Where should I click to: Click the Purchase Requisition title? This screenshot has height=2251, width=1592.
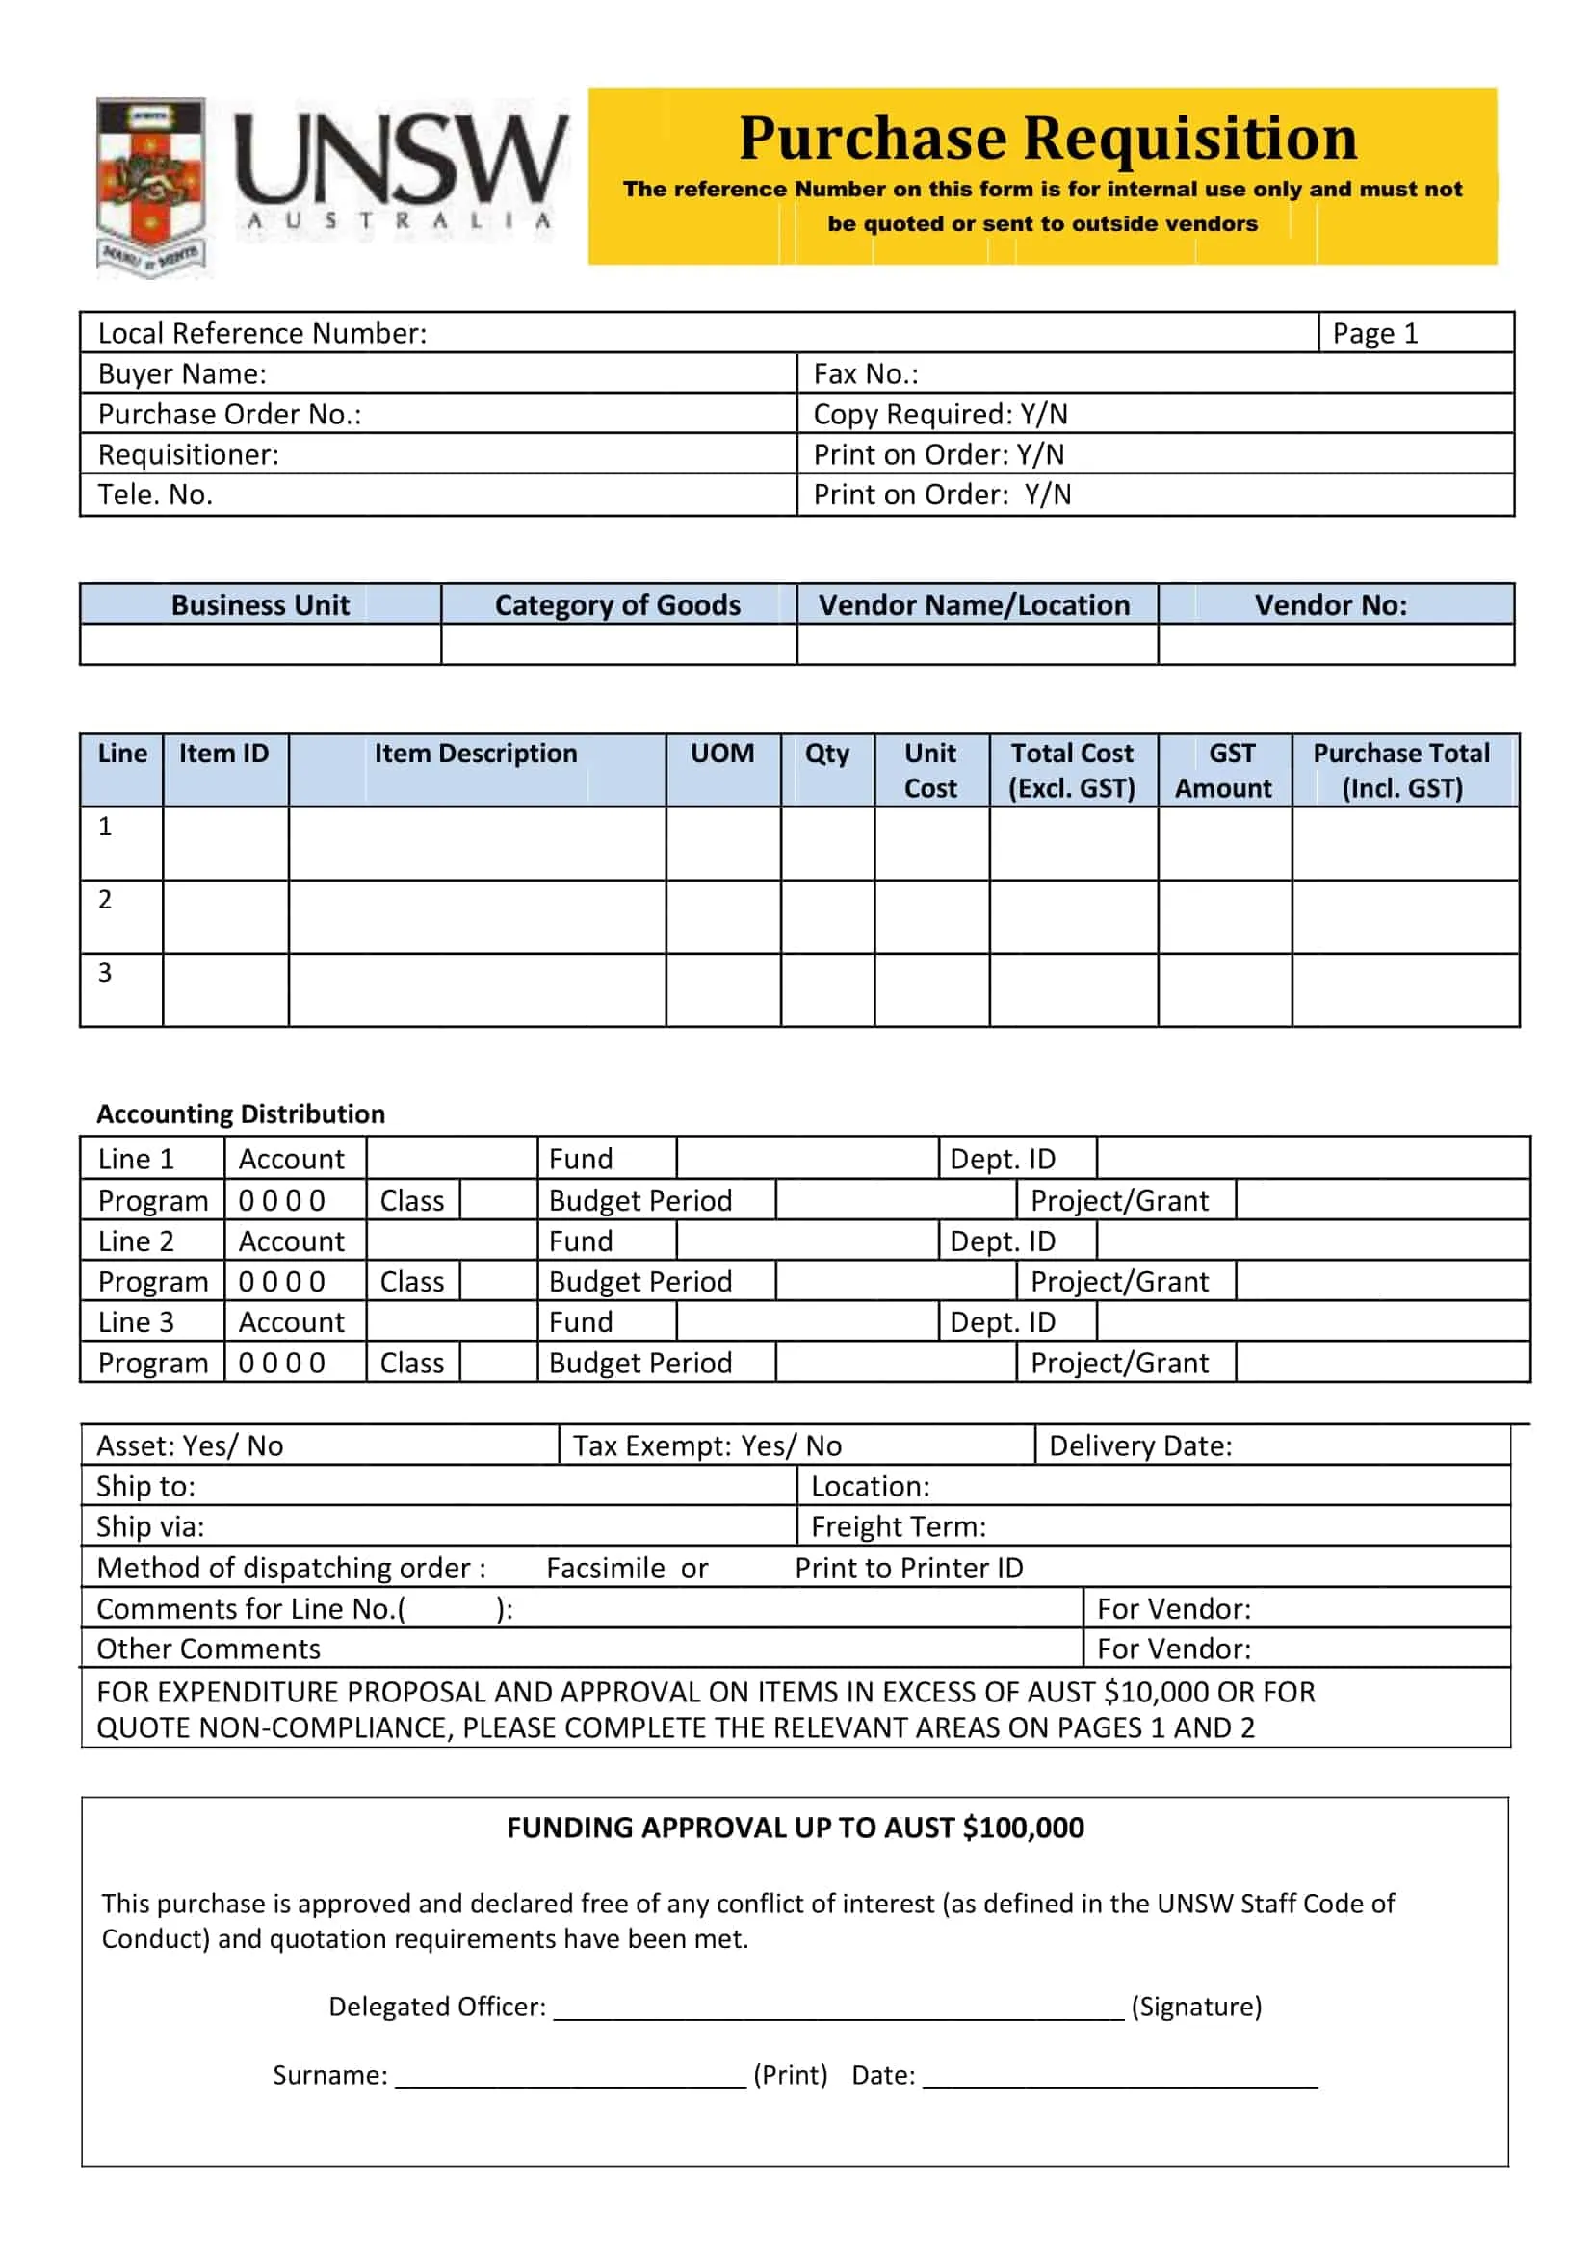1047,138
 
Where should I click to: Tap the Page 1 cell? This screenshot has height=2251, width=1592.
1374,333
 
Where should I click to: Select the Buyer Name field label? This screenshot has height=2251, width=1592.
182,373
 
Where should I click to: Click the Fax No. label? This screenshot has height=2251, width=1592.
865,373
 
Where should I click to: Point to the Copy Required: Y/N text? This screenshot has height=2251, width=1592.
940,414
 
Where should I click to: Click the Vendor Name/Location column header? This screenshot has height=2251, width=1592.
974,605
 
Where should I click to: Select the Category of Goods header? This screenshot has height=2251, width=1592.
617,605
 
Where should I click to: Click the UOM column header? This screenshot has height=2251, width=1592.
722,753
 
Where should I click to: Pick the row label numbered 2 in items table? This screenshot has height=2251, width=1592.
105,899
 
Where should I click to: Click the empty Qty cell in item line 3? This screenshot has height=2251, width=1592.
827,989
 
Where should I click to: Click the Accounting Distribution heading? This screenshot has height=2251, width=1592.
241,1113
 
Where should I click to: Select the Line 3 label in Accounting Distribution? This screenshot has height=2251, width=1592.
136,1321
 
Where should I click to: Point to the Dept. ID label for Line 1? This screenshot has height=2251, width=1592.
1002,1159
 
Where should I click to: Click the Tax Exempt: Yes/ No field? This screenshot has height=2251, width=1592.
706,1445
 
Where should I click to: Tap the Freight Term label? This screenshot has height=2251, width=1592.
898,1526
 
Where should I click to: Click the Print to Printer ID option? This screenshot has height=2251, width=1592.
908,1568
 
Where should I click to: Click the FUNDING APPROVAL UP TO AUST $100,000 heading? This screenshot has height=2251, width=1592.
795,1828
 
